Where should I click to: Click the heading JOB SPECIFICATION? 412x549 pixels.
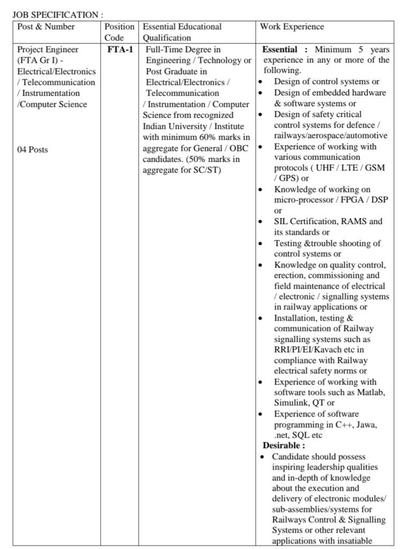(56, 16)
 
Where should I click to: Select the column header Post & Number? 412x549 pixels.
(46, 27)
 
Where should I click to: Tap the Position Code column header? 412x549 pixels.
(119, 32)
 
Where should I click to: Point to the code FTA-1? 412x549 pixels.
(120, 50)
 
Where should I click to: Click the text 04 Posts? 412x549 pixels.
(33, 150)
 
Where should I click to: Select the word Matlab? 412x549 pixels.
(372, 392)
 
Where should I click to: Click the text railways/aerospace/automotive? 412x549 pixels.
(330, 136)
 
